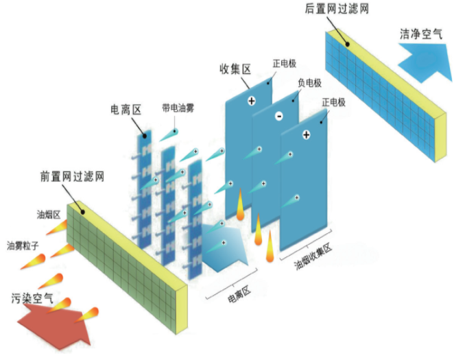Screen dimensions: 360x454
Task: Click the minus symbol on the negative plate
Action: (x=279, y=116)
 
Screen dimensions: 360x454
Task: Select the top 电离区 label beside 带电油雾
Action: (x=126, y=109)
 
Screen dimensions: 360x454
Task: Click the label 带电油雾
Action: (x=179, y=108)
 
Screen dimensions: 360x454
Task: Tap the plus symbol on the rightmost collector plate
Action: (x=306, y=134)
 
